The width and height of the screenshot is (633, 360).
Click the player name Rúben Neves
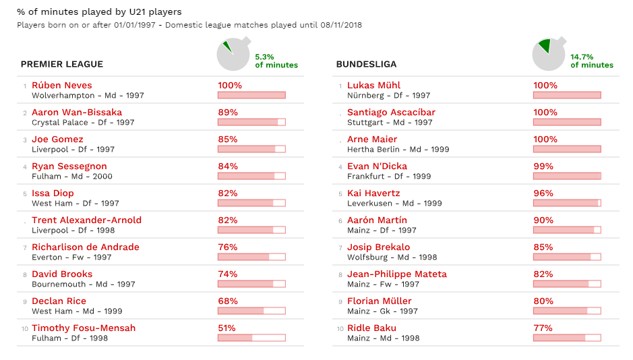[61, 86]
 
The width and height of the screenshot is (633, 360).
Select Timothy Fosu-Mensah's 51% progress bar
[251, 338]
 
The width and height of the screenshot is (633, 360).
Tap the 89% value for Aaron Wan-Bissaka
[227, 113]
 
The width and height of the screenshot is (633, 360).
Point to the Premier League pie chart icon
[233, 55]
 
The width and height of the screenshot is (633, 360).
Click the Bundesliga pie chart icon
[548, 55]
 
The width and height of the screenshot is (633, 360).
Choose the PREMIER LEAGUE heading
[62, 64]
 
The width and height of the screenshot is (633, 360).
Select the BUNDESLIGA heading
[366, 64]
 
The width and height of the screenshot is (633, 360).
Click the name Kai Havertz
[373, 193]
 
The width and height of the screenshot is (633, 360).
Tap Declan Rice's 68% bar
[251, 311]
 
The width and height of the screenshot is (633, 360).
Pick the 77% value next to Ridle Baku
[543, 328]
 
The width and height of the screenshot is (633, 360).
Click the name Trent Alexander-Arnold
[86, 220]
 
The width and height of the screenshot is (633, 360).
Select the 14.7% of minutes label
[591, 61]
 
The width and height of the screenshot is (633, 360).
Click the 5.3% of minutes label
[276, 61]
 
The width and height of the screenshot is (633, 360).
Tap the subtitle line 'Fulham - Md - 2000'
[72, 177]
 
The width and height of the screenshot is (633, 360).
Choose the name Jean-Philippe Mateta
[396, 274]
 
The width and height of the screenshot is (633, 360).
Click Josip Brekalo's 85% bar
[566, 257]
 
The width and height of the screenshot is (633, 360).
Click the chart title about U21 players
[99, 12]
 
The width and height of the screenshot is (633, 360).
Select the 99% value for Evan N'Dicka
[543, 167]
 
